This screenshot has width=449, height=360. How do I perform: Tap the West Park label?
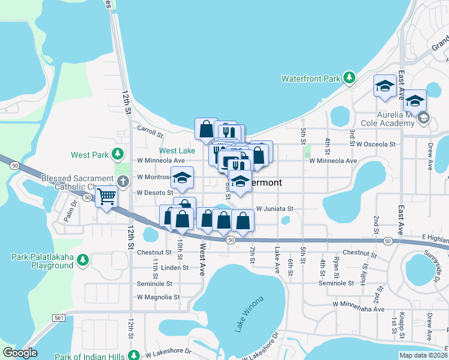89,155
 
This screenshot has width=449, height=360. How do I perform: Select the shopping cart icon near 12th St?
106,196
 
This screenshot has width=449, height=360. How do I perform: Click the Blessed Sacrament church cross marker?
122,181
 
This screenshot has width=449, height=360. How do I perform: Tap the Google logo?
20,353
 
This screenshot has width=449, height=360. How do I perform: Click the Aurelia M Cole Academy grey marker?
424,118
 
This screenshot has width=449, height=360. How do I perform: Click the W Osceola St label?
376,145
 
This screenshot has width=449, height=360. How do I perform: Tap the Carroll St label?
150,131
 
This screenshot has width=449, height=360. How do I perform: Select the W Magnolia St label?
158,297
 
